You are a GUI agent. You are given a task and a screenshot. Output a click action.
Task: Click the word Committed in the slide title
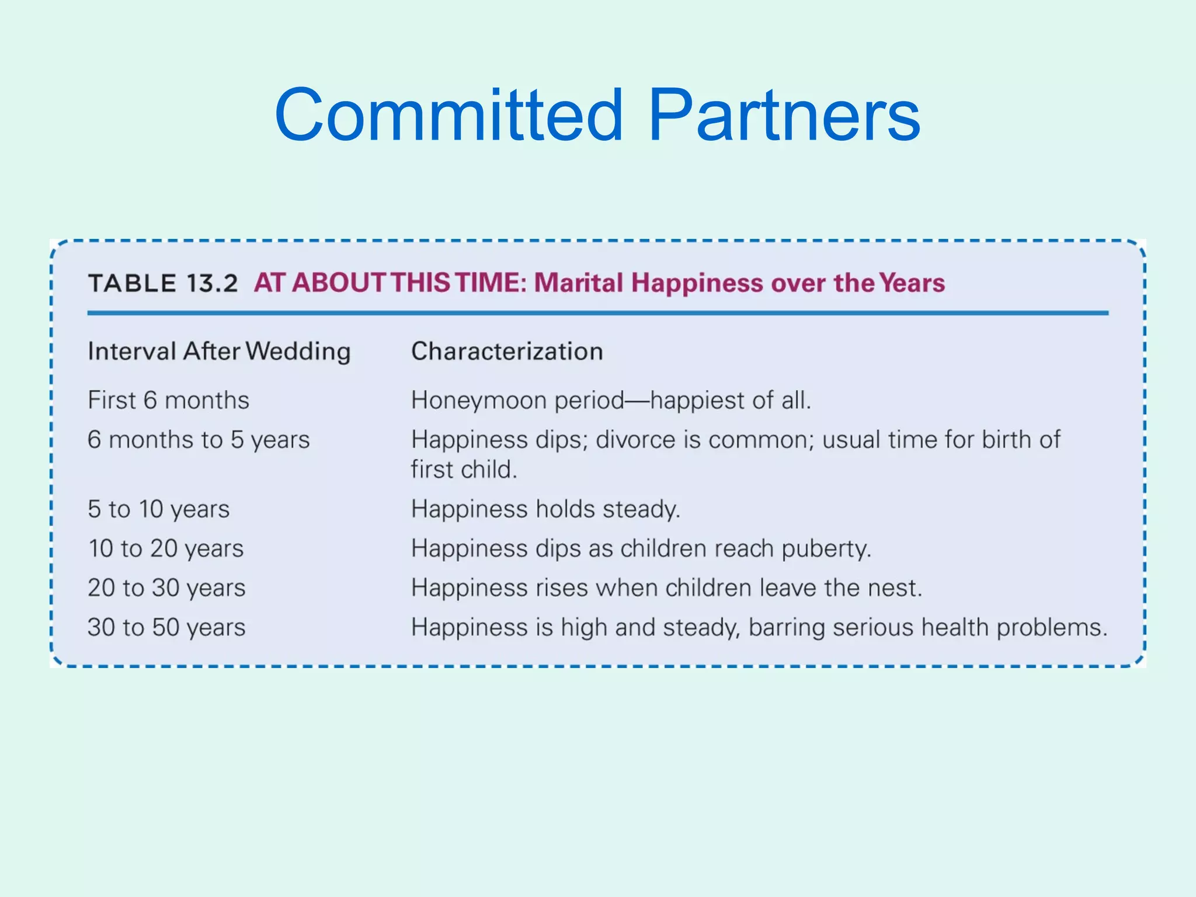(x=448, y=115)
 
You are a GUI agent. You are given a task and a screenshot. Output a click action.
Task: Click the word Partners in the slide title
(x=784, y=115)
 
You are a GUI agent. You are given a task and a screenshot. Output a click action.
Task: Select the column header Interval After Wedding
(x=219, y=352)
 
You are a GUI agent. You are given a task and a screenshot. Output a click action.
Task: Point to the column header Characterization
(x=507, y=352)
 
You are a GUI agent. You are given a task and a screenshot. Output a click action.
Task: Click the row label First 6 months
(x=168, y=401)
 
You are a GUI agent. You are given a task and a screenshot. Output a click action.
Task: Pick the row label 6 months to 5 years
(x=199, y=440)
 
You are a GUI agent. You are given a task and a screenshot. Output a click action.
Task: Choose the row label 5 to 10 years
(x=158, y=509)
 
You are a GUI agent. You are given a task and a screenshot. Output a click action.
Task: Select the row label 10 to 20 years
(x=165, y=549)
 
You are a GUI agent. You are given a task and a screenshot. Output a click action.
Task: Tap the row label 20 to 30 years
(x=166, y=588)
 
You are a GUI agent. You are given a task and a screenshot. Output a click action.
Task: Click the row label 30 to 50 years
(x=166, y=628)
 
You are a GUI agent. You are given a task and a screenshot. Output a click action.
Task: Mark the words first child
(x=464, y=470)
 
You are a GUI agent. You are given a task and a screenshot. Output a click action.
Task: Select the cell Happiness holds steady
(x=545, y=509)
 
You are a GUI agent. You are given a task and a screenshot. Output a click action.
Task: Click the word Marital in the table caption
(x=579, y=283)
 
